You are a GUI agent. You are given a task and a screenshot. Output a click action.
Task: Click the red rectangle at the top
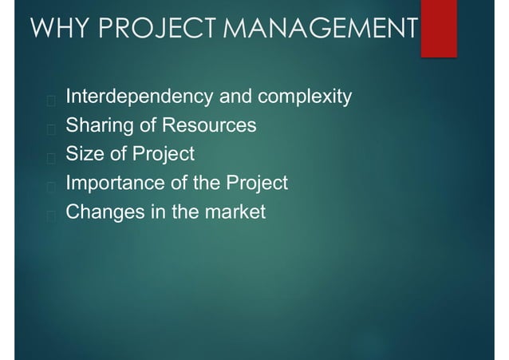click(438, 29)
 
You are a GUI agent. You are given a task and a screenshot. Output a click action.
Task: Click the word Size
click(82, 155)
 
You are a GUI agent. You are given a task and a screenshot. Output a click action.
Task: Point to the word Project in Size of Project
click(164, 155)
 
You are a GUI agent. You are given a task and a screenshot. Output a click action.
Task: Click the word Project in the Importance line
click(257, 184)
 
